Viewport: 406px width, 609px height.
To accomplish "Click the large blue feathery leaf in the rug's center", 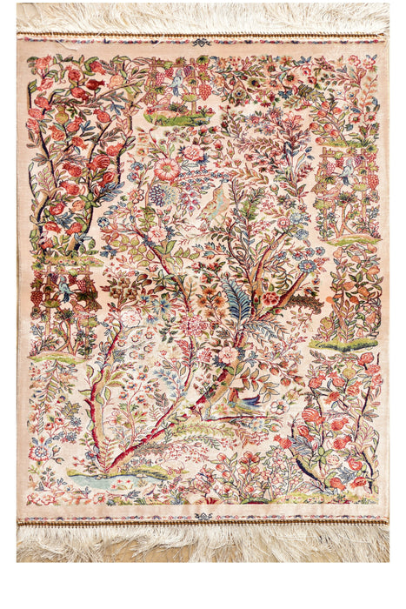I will coord(236,300).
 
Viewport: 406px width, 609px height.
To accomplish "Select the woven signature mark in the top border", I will coord(202,42).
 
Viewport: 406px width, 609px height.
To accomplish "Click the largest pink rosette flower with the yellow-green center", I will coord(166,169).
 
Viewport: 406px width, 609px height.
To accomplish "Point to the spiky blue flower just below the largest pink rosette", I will coord(160,193).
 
